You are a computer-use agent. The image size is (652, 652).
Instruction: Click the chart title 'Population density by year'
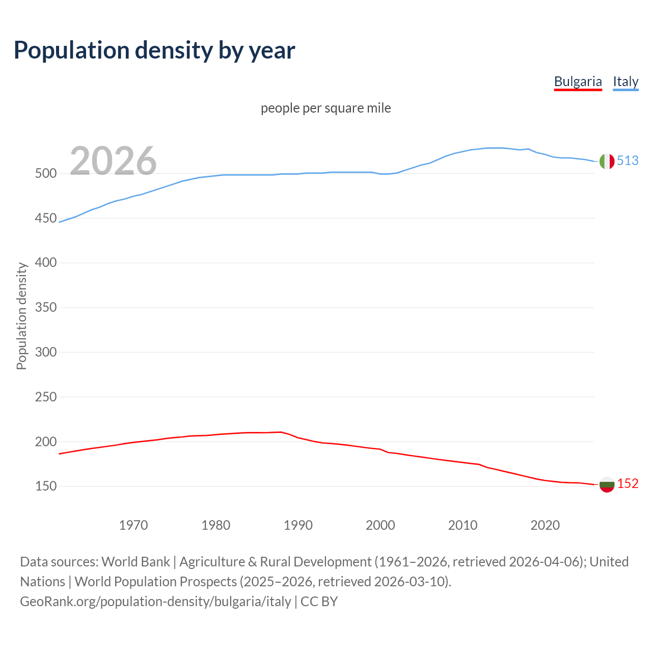point(154,50)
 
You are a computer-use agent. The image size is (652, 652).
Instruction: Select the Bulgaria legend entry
point(578,81)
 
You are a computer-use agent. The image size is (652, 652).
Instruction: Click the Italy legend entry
point(626,81)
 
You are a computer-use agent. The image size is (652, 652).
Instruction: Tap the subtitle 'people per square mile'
point(326,108)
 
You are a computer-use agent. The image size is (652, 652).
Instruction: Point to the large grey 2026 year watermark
point(113,161)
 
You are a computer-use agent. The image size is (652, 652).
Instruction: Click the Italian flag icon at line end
point(607,161)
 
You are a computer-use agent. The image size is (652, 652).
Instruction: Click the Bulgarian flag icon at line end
point(607,484)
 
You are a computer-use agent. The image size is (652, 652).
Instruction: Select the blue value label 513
point(628,160)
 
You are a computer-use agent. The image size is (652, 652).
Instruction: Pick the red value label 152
point(628,483)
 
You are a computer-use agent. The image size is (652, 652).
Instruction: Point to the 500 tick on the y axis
point(45,174)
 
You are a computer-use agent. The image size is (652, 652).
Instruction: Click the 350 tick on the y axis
point(45,308)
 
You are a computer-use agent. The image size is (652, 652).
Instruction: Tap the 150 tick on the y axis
point(45,486)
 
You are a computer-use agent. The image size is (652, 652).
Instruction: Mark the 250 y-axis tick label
point(45,397)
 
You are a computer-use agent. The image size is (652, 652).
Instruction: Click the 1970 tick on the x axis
point(133,525)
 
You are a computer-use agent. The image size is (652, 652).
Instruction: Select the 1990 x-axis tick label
point(298,525)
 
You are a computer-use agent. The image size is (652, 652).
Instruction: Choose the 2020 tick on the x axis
point(545,525)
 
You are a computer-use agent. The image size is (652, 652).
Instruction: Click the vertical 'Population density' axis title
point(21,316)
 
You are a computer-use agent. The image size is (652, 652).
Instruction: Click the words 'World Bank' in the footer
point(135,562)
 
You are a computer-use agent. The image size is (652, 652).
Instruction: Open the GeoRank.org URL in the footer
point(155,602)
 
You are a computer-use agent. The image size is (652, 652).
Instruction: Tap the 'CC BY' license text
point(319,602)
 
